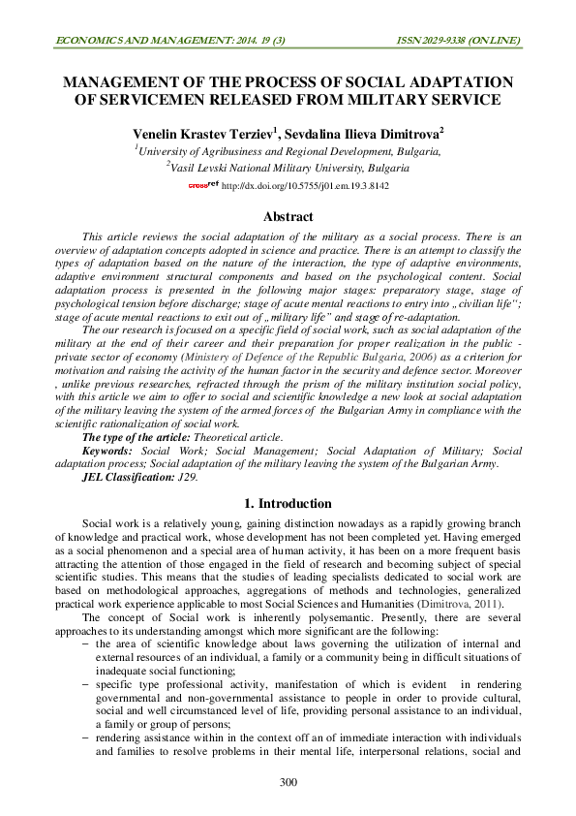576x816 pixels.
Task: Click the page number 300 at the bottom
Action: (288, 782)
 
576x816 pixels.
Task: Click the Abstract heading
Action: (288, 217)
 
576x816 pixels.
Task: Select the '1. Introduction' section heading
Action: (288, 504)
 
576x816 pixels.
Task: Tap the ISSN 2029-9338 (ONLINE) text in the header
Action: (459, 40)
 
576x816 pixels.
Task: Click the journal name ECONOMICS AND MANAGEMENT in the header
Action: (136, 40)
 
